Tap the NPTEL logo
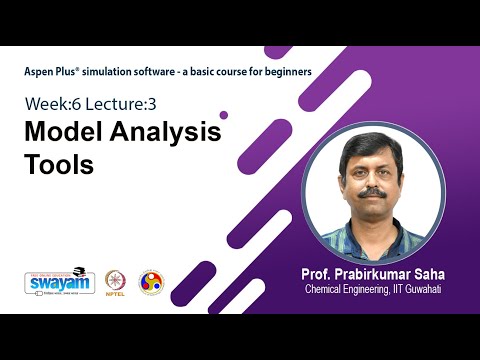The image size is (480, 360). tap(116, 281)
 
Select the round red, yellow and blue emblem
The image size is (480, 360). tap(151, 281)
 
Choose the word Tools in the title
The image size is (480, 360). tap(58, 164)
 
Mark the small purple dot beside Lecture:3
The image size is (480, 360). tap(223, 115)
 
